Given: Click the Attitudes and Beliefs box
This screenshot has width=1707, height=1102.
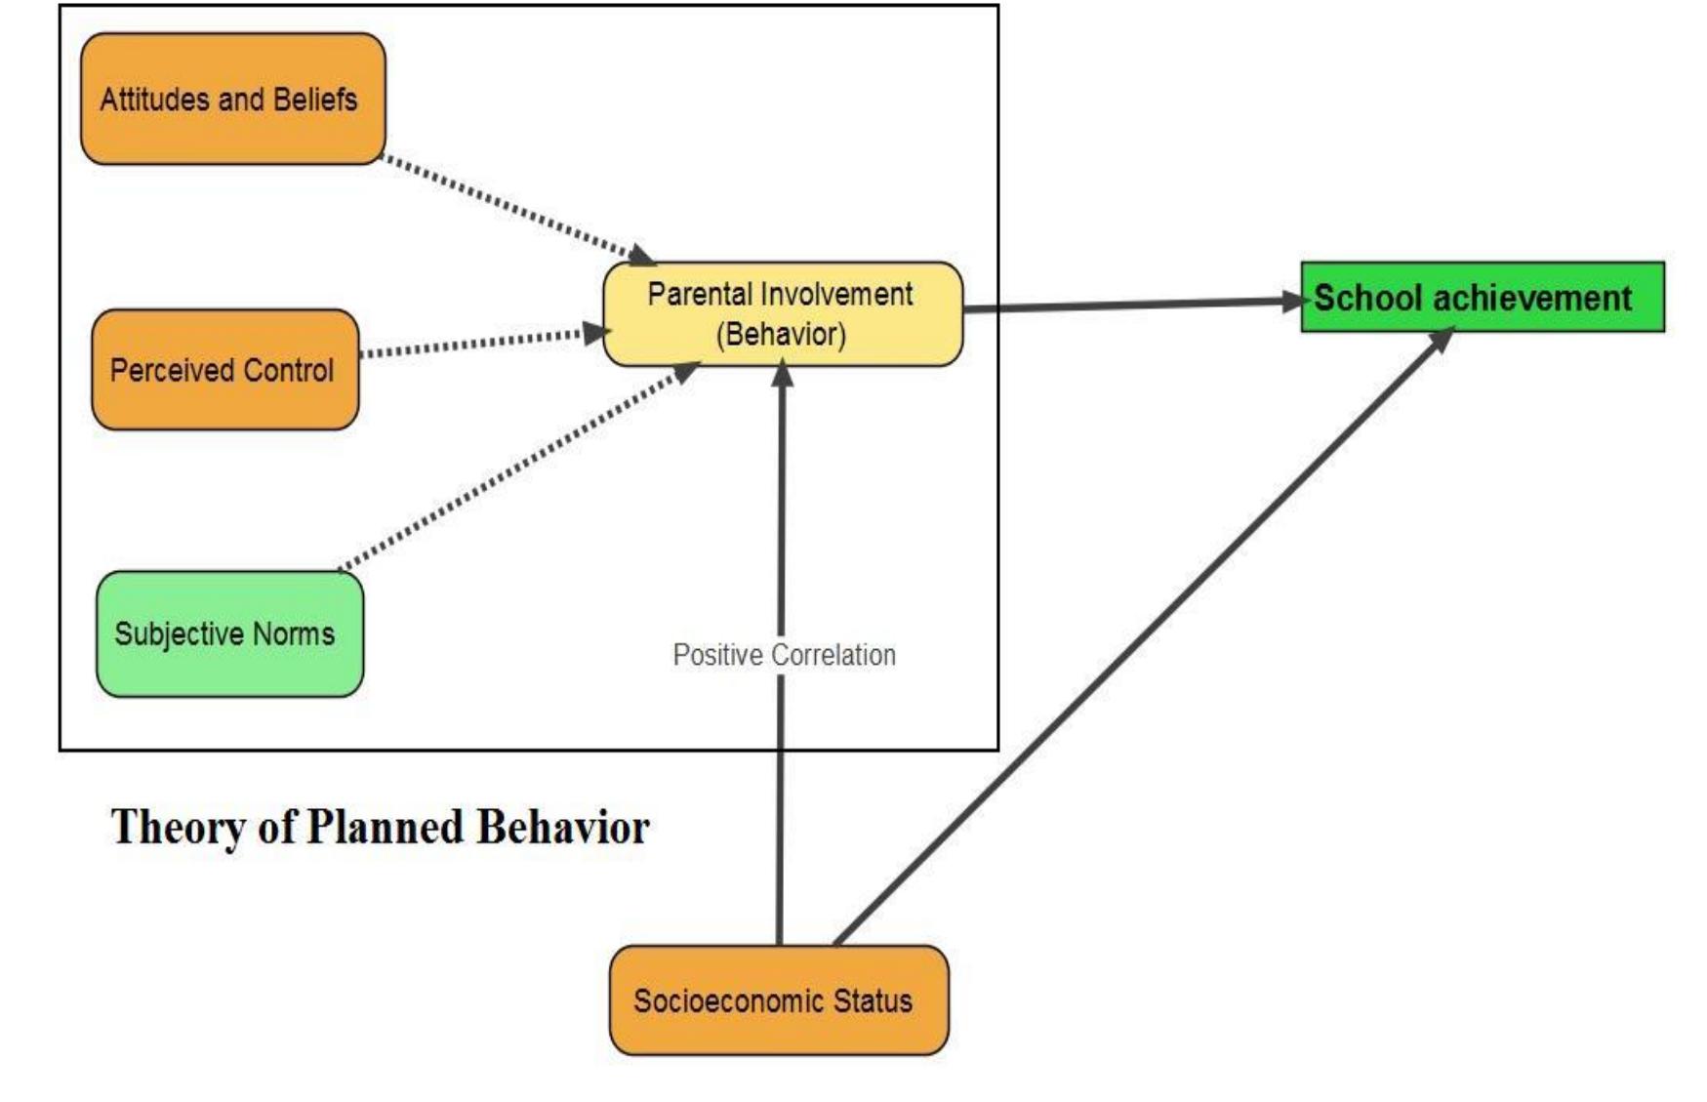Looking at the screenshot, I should pos(232,99).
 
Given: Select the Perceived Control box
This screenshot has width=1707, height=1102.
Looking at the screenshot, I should pos(224,370).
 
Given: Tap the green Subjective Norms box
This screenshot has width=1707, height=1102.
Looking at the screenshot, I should pos(229,634).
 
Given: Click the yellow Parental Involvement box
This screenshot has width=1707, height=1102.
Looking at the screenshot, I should pos(783,313).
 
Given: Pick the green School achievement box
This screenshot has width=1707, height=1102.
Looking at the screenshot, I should pos(1482,297).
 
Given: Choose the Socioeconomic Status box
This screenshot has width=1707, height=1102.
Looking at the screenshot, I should pos(778,1000).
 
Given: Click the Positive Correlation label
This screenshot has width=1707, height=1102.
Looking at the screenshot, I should pos(784,655).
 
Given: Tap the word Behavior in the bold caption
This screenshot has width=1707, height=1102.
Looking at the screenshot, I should pos(563,828).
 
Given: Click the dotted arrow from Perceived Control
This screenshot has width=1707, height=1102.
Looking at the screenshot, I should pos(473,344).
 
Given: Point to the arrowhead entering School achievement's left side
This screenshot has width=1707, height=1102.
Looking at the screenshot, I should pos(1293,302).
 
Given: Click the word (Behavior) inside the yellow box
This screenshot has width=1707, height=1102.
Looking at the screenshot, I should pos(781,335).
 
